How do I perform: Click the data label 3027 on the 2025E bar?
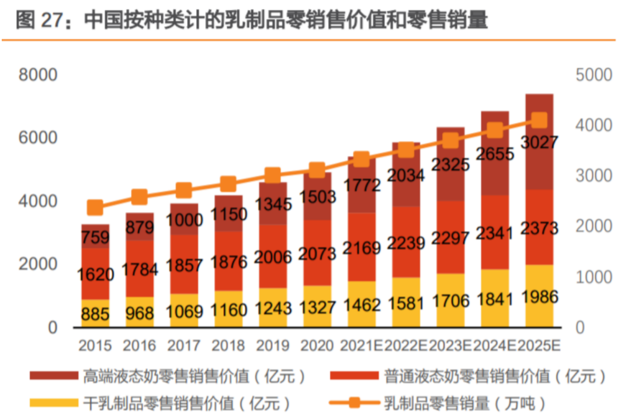(539, 143)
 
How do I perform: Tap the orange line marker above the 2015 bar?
(95, 207)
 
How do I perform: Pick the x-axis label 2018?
(228, 346)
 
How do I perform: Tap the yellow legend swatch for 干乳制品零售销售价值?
(54, 403)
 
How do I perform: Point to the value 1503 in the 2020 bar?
(317, 197)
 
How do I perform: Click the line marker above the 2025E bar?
(539, 120)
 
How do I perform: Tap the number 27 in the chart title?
(51, 21)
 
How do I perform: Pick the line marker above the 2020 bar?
(317, 171)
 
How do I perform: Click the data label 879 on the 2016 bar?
(140, 227)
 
